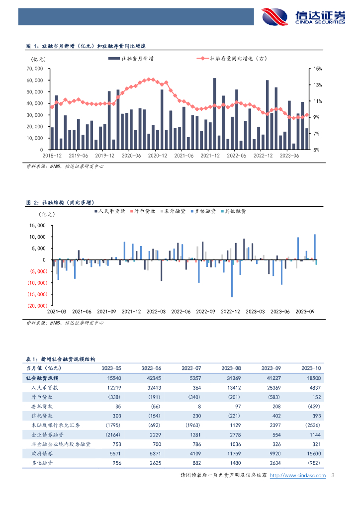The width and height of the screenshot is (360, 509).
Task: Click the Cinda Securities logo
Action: coord(303,16)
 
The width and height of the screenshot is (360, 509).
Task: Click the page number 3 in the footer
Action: coord(333,475)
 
